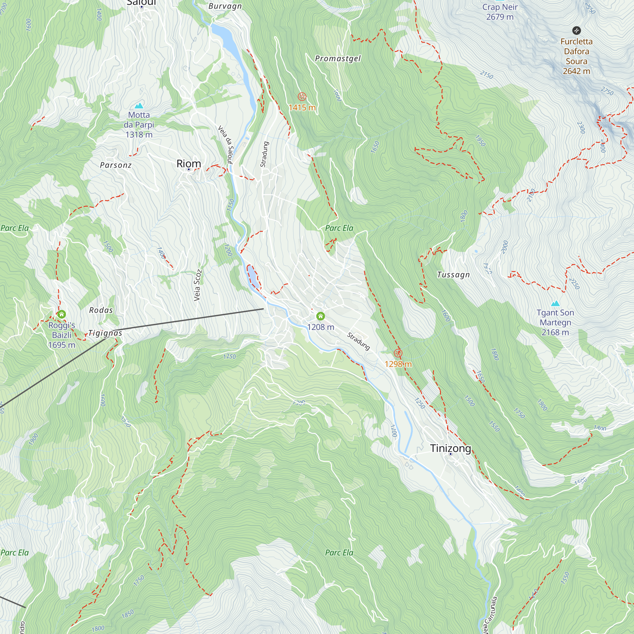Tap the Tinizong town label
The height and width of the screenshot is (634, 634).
(450, 448)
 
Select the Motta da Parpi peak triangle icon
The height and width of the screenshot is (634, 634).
(139, 106)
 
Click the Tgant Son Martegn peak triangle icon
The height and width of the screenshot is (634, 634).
(555, 303)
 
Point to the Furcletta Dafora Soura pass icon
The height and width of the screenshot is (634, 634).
(577, 30)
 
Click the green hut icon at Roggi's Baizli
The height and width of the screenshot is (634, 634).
(61, 314)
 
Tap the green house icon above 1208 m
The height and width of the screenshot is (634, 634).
(320, 316)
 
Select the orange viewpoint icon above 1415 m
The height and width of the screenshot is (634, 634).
(302, 96)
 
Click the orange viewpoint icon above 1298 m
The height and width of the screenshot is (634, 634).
(398, 353)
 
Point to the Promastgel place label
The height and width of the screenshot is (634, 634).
(338, 58)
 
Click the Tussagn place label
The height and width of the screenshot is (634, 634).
(453, 275)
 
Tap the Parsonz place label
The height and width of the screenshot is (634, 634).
(115, 165)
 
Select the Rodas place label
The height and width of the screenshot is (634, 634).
(101, 310)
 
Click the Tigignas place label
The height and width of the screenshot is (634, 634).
(105, 333)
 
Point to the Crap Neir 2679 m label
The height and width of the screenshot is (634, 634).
(500, 11)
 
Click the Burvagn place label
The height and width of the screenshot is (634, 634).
(225, 6)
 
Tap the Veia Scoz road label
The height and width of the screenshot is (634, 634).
(197, 285)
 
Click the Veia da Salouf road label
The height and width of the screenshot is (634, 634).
(226, 144)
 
